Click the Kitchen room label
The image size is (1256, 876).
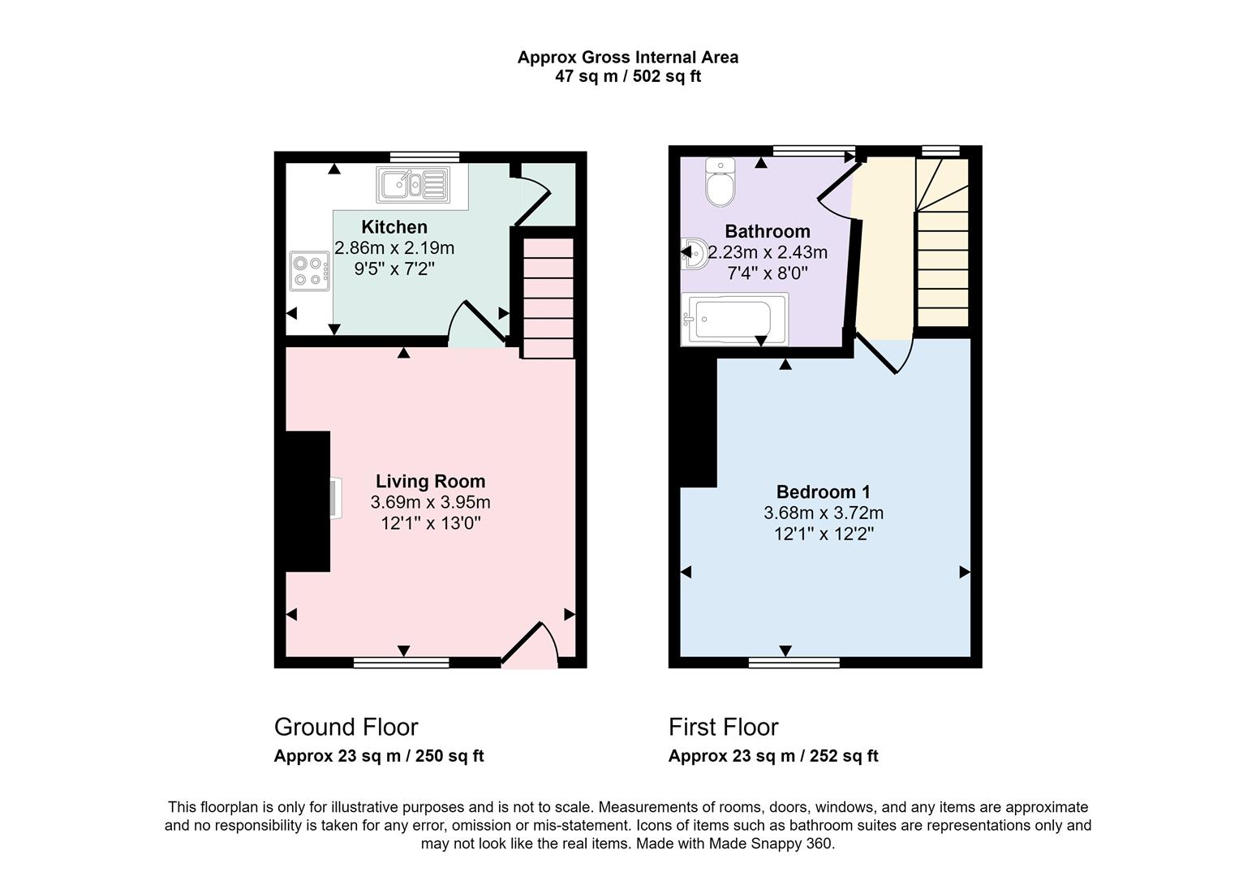pyautogui.click(x=394, y=227)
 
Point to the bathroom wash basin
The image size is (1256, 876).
pyautogui.click(x=695, y=253)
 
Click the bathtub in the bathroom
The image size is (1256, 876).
pyautogui.click(x=733, y=320)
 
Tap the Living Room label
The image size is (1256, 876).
pyautogui.click(x=430, y=481)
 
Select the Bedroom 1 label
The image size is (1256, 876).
pyautogui.click(x=823, y=492)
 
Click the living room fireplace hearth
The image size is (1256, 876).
pyautogui.click(x=335, y=498)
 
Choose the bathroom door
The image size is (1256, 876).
pyautogui.click(x=836, y=192)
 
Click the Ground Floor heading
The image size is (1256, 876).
pyautogui.click(x=346, y=727)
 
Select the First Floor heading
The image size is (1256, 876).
pyautogui.click(x=723, y=727)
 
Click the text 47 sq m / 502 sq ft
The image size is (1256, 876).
pyautogui.click(x=627, y=77)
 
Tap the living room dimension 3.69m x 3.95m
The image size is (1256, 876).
pyautogui.click(x=430, y=502)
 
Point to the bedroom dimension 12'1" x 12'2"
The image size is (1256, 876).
pyautogui.click(x=823, y=534)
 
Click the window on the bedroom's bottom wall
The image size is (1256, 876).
pyautogui.click(x=794, y=663)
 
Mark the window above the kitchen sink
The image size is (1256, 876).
pyautogui.click(x=424, y=157)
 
